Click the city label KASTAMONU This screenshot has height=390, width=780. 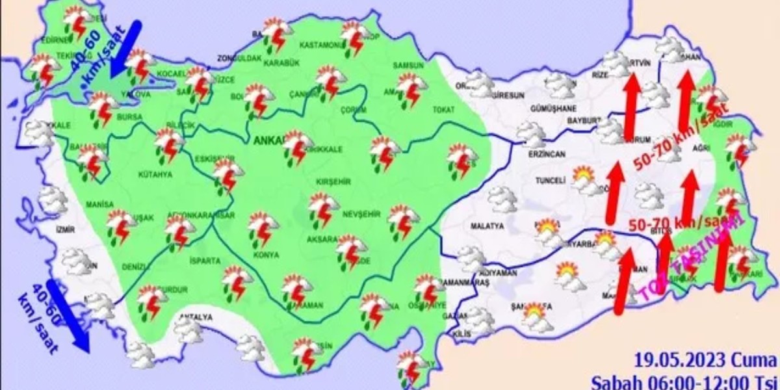(x=321, y=45)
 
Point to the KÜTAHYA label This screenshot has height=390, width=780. (x=155, y=175)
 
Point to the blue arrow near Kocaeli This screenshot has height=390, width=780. (x=125, y=49)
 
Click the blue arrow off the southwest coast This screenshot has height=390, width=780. (x=68, y=317)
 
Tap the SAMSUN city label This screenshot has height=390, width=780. (x=408, y=66)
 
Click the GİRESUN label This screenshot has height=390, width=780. (x=508, y=95)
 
